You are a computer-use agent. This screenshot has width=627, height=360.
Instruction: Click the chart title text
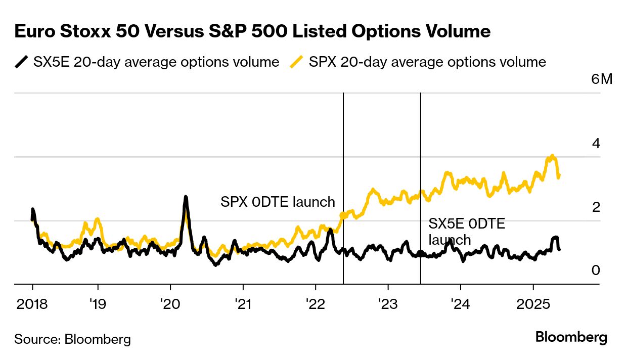click(x=252, y=32)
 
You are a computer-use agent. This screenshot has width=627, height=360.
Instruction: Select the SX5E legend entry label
click(x=156, y=62)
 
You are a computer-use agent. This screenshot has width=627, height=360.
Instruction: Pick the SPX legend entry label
click(x=427, y=62)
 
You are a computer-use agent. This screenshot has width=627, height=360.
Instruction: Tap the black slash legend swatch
click(x=21, y=62)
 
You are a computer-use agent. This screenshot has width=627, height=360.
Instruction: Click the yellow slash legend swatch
click(x=297, y=62)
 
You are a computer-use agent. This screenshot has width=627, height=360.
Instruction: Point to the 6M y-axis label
click(x=601, y=79)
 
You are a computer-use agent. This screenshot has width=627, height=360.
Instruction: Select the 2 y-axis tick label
click(x=596, y=207)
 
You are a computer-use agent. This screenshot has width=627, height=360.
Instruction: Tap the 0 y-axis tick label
click(x=596, y=271)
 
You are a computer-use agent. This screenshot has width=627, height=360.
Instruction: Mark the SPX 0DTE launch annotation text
click(x=278, y=202)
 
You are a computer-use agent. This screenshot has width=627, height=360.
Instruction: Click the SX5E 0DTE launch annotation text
click(x=466, y=231)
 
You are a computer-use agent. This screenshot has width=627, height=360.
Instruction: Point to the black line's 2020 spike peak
click(x=186, y=197)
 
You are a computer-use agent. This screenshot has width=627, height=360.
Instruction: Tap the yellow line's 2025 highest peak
click(x=552, y=156)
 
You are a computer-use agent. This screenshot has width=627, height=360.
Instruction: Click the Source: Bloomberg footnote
click(x=72, y=339)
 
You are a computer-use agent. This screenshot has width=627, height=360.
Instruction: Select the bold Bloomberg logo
click(x=571, y=337)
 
